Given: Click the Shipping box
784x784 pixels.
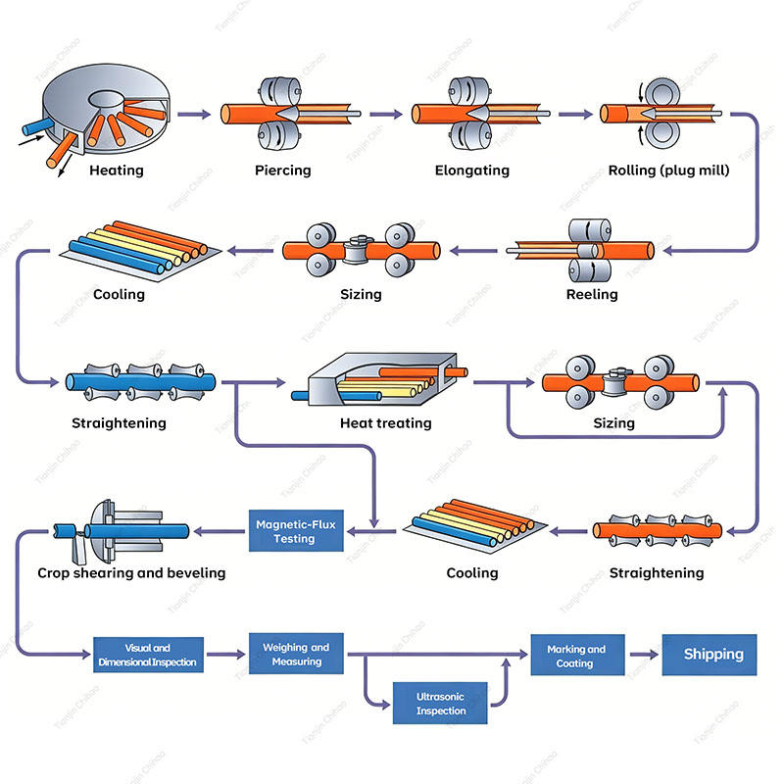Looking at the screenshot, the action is pos(709,655).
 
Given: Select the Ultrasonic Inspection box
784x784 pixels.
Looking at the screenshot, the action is pos(440,703).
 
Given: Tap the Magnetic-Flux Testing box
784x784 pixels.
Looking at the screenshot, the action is pos(296,531).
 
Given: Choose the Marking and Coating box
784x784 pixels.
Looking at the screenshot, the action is pos(577,655).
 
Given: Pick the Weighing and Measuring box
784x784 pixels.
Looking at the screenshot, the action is pos(296,654).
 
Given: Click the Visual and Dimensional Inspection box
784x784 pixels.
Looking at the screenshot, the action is pos(149,655).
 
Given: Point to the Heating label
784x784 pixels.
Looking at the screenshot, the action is pos(117,171).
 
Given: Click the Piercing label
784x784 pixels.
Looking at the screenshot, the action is pos(283,171).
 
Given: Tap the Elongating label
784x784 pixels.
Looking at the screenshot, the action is pos(472,171).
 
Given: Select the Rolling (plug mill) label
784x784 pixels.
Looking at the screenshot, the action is pos(668,171).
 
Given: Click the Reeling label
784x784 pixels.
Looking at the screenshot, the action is pos(592,295).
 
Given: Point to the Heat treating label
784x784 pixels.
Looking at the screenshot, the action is pos(385,423).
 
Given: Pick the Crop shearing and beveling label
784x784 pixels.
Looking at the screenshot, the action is pos(131,573).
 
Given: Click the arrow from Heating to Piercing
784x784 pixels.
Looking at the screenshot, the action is pos(194,115).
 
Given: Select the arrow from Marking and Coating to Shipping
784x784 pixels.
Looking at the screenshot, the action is pos(644,655).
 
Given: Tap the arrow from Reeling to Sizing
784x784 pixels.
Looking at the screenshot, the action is pos(473,251).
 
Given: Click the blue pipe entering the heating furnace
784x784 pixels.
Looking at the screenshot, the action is pos(37,126).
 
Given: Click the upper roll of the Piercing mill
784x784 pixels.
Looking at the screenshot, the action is pos(280,91).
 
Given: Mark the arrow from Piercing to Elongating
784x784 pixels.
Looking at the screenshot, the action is pos(386,115).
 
